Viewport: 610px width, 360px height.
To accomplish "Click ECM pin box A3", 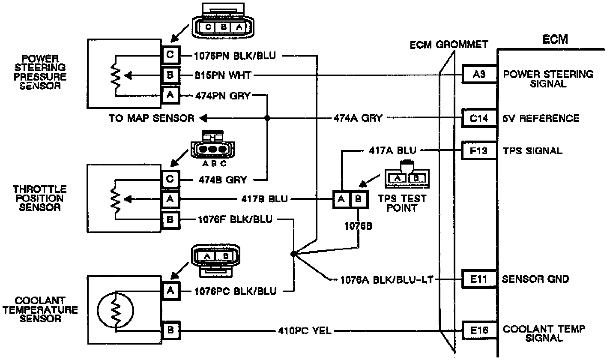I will [x=479, y=75].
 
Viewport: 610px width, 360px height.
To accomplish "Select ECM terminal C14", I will [x=479, y=118].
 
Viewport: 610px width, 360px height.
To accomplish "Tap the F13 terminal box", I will [x=479, y=150].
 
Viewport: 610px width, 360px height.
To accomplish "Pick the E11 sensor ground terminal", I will [x=479, y=279].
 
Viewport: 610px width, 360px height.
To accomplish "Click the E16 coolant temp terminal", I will [x=479, y=330].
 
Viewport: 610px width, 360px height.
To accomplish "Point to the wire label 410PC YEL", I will [x=304, y=330].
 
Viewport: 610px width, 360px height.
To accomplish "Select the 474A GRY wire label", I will [x=358, y=118].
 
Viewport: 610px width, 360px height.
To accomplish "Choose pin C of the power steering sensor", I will [x=170, y=55].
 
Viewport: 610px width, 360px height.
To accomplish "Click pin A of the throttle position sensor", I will [x=170, y=199].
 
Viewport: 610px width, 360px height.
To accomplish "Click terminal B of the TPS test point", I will [x=359, y=199].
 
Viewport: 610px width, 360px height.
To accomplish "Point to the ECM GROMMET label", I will [x=449, y=44].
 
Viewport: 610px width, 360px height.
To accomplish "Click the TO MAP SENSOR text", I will [x=151, y=118].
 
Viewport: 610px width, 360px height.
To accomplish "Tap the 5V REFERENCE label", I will [x=541, y=118].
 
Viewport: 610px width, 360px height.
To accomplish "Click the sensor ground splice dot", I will [x=293, y=254].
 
